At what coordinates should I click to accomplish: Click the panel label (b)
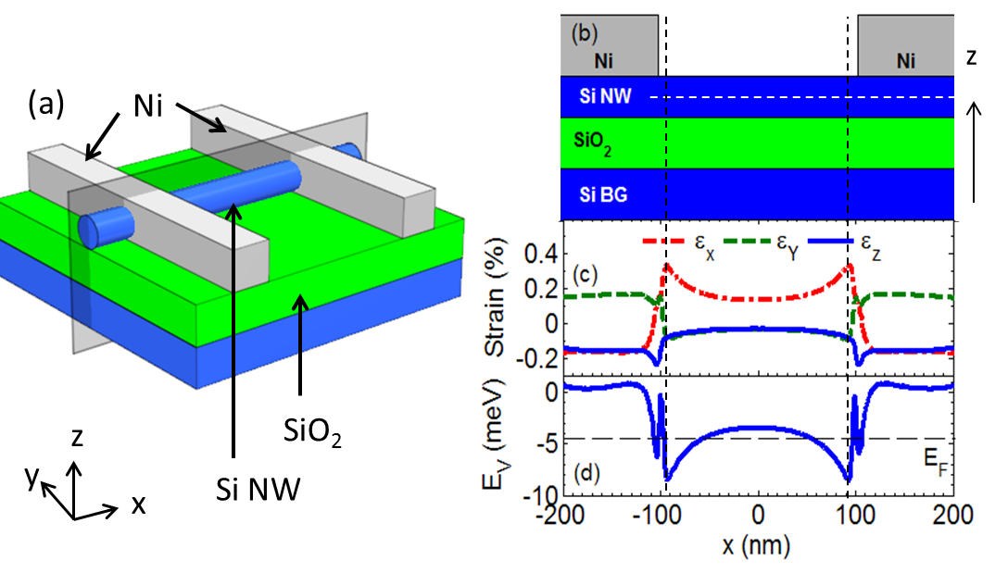pyautogui.click(x=586, y=34)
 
